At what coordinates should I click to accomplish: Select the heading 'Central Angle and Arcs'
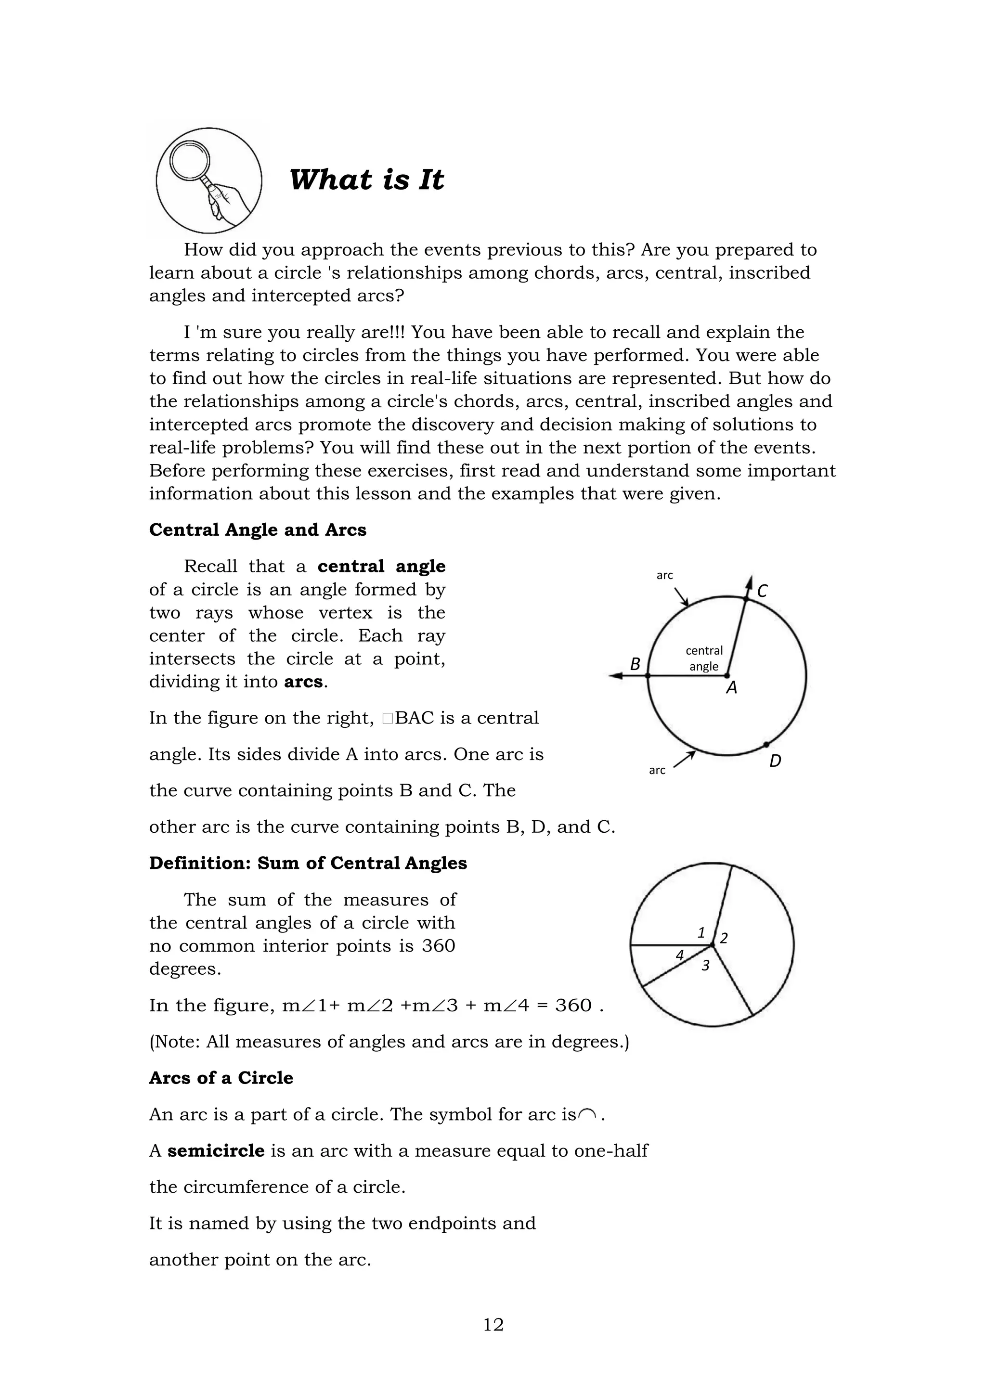tap(258, 530)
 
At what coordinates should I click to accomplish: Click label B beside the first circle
tap(635, 664)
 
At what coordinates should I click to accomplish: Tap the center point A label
tap(732, 688)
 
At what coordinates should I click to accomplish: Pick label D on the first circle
tap(775, 761)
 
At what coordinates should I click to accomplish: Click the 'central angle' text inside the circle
tap(704, 658)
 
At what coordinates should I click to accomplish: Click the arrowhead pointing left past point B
tap(614, 676)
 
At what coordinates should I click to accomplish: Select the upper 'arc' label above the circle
tap(665, 575)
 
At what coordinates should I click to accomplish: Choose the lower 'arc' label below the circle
tap(657, 771)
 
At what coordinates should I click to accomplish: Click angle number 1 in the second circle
tap(701, 932)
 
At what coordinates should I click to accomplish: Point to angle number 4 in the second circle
tap(680, 955)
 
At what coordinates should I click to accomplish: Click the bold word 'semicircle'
tap(216, 1150)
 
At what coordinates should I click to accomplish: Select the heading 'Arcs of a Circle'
tap(221, 1078)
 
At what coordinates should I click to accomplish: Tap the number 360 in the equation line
tap(573, 1006)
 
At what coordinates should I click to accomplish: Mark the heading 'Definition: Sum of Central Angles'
tap(308, 864)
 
